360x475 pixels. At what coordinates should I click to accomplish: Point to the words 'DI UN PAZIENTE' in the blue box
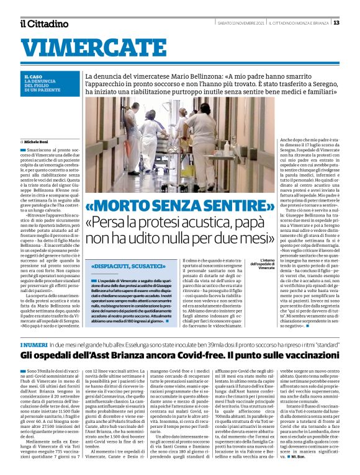coord(41,90)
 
